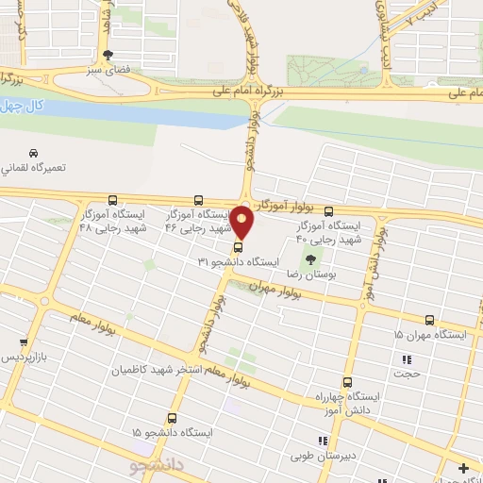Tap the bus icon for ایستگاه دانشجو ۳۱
point(237,247)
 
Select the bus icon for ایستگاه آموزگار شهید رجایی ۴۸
point(112,200)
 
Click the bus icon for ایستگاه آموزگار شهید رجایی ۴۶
point(198,200)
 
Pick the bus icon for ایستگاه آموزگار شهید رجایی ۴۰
point(328,211)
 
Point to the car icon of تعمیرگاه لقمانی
point(34,153)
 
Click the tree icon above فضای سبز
point(108,55)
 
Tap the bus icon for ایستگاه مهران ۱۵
point(430,320)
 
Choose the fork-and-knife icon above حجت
point(407,359)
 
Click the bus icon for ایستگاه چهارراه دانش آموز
point(347,383)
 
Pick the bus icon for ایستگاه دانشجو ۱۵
point(171,417)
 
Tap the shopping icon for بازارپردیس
point(24,342)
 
